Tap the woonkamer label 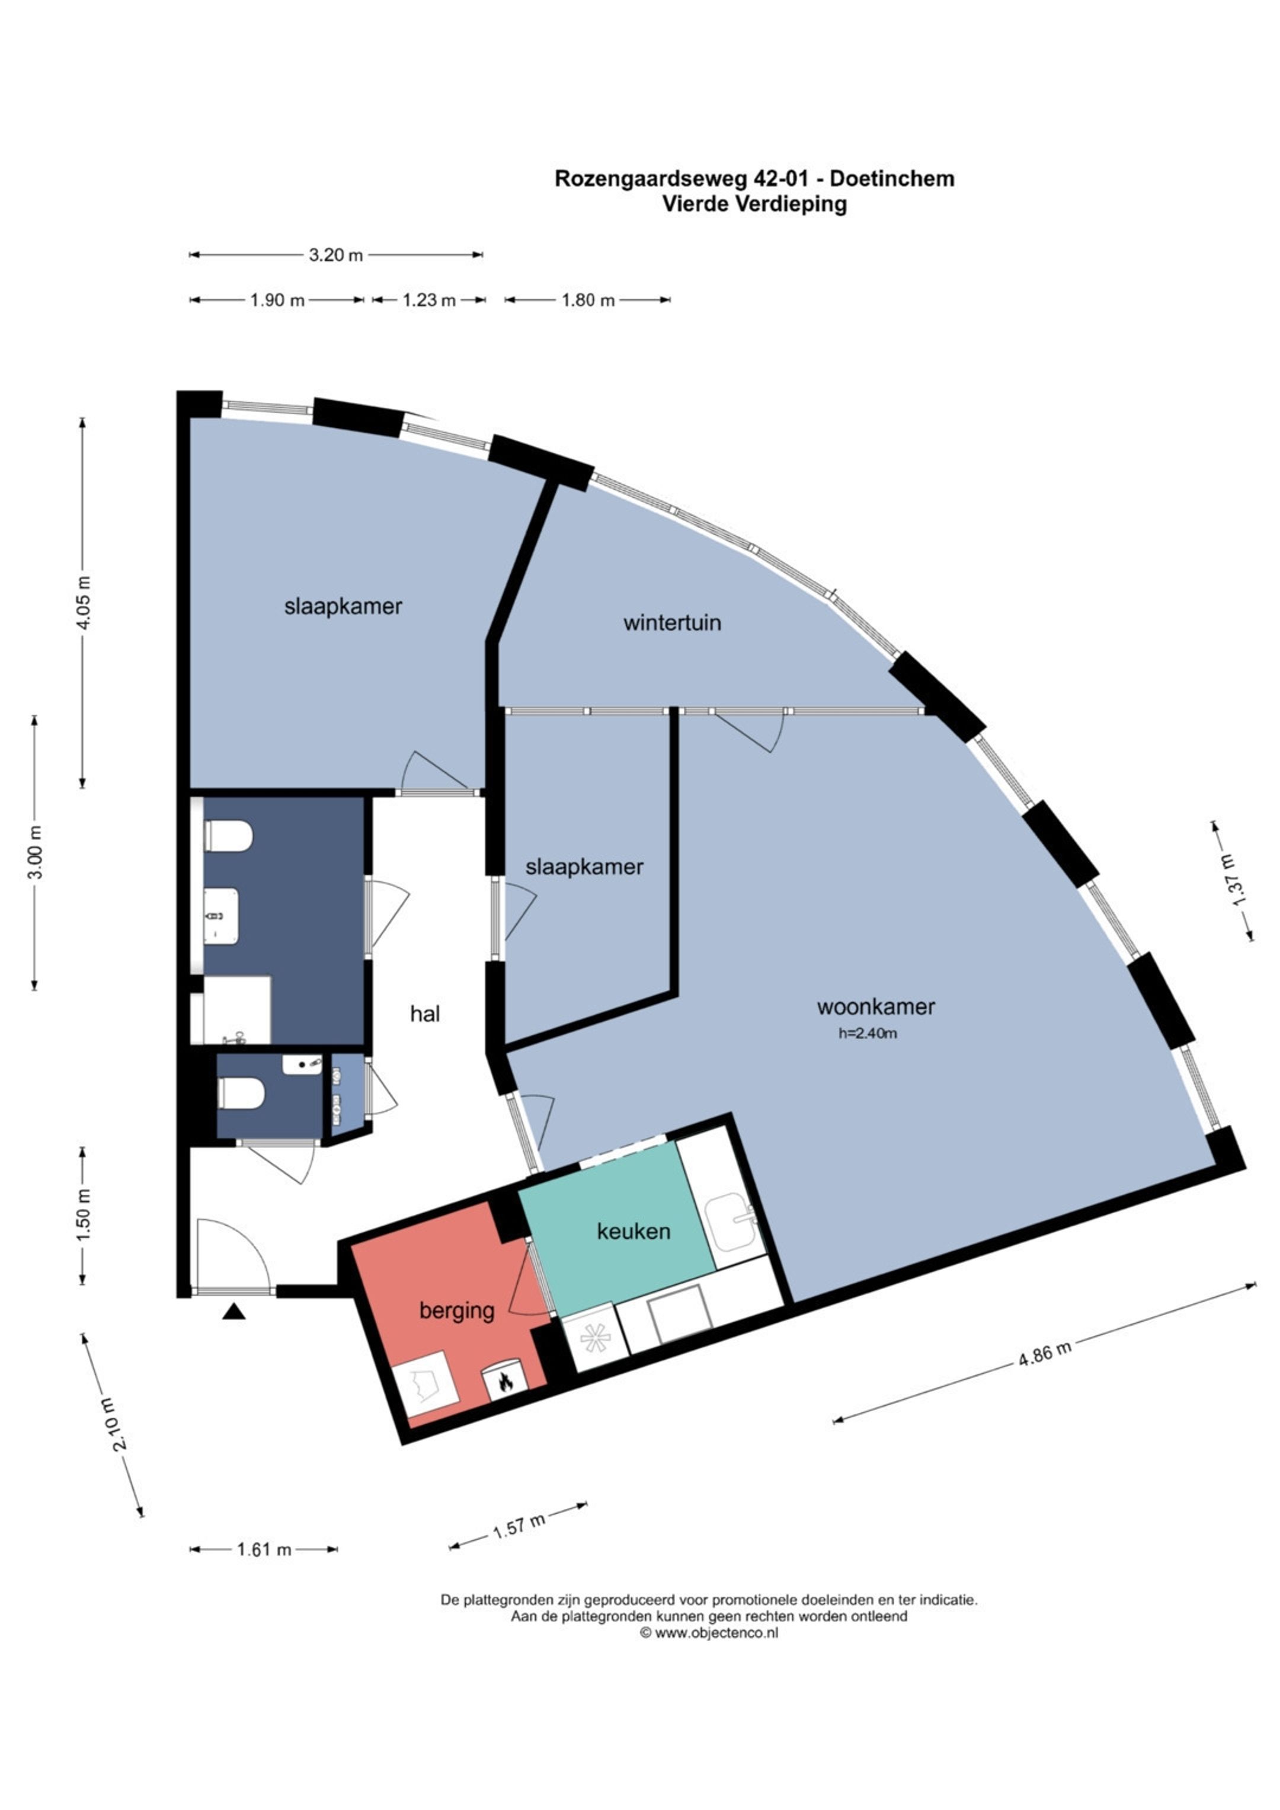[876, 1007]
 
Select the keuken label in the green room [633, 1232]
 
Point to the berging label [457, 1311]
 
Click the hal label [425, 1014]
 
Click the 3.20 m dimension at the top [336, 255]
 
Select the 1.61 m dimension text [264, 1550]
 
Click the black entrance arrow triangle [233, 1311]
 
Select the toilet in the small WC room [241, 1093]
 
